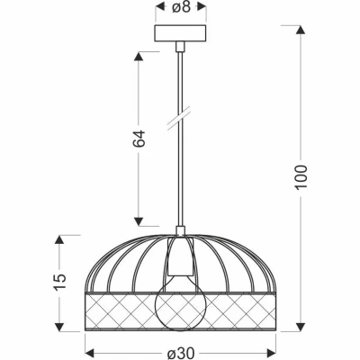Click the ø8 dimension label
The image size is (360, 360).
[x=181, y=6]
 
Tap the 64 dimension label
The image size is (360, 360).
[x=139, y=139]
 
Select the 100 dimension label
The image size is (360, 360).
[x=301, y=177]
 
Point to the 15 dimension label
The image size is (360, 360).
[x=59, y=283]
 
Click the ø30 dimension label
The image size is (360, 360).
[x=181, y=353]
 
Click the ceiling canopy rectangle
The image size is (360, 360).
[x=181, y=33]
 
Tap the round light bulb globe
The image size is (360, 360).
[x=181, y=306]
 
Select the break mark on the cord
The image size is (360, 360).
[x=179, y=118]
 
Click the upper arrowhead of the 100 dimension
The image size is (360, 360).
[x=301, y=30]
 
